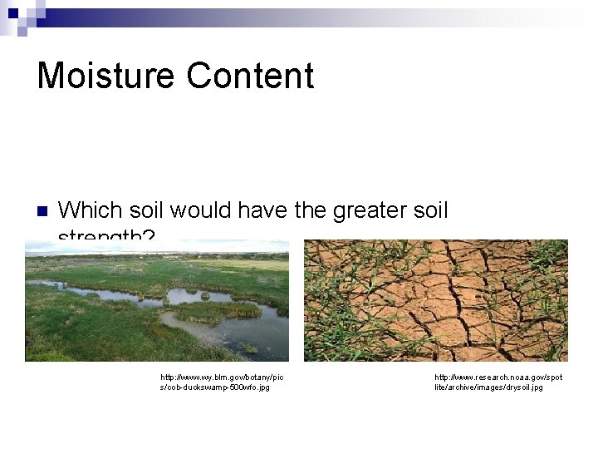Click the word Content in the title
(x=250, y=76)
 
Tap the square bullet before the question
(x=42, y=210)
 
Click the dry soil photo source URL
(x=498, y=382)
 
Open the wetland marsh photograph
(x=157, y=300)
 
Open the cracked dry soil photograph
(x=435, y=300)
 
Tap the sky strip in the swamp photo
(x=157, y=247)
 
